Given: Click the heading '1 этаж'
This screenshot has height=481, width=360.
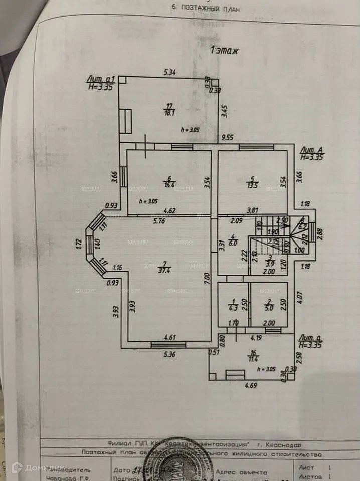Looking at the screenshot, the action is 226,50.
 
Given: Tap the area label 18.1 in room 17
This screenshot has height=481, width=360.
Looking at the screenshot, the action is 169,113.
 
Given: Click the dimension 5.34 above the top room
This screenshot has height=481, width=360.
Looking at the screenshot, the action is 170,73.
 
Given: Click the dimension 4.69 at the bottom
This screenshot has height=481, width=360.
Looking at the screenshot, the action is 251,386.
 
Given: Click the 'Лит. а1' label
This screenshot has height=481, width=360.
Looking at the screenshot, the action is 101,79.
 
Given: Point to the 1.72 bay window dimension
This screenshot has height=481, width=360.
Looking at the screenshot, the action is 79,244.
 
